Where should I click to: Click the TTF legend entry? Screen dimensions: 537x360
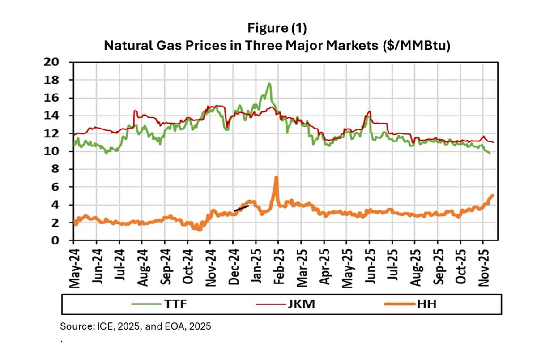[x=159, y=304]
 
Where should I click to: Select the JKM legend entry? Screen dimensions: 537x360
[x=286, y=304]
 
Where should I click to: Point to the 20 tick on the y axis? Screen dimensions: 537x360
[x=51, y=62]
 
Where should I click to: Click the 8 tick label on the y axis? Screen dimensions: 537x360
[x=55, y=169]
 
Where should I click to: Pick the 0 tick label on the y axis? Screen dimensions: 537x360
[x=55, y=240]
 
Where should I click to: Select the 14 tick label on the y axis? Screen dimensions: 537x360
[x=51, y=116]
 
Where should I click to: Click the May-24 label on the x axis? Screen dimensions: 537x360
[x=74, y=269]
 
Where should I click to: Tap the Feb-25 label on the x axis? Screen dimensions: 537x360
[x=279, y=267]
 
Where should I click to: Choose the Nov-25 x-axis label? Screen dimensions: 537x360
[x=484, y=268]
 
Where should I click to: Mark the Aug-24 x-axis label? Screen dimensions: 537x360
[x=143, y=268]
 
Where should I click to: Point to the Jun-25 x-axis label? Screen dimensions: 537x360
[x=370, y=266]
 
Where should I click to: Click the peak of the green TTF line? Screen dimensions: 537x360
[x=269, y=84]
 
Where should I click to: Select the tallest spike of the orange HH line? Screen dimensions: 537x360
[x=276, y=177]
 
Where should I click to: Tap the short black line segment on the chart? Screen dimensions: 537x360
[x=241, y=208]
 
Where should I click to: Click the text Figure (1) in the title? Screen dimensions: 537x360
[x=277, y=28]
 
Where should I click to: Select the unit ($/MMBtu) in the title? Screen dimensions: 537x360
[x=417, y=46]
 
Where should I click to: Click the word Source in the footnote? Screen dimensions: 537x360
[x=77, y=326]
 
